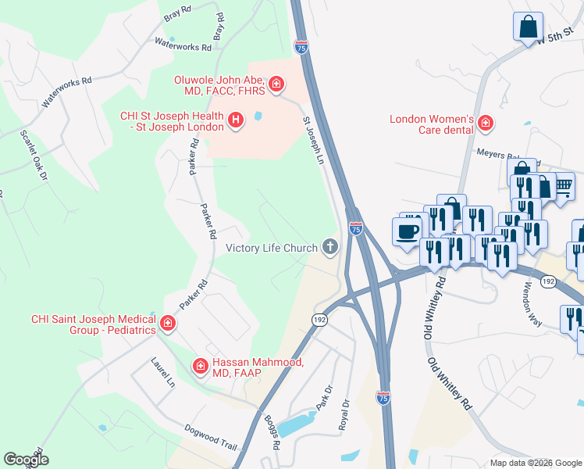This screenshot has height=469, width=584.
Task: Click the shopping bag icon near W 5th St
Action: click(x=528, y=25)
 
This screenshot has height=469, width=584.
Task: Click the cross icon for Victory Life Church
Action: click(x=330, y=248)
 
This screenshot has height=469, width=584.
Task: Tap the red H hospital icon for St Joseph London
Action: click(x=236, y=120)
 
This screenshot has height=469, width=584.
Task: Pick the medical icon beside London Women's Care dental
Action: click(x=486, y=123)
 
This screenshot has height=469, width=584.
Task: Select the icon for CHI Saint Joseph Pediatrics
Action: click(x=167, y=324)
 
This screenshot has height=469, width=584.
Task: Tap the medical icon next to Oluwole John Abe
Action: click(x=276, y=84)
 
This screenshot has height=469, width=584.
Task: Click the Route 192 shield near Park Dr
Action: click(x=320, y=320)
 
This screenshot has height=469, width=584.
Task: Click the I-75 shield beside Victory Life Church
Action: click(x=356, y=228)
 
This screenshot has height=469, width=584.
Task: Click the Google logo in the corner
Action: click(x=27, y=460)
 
